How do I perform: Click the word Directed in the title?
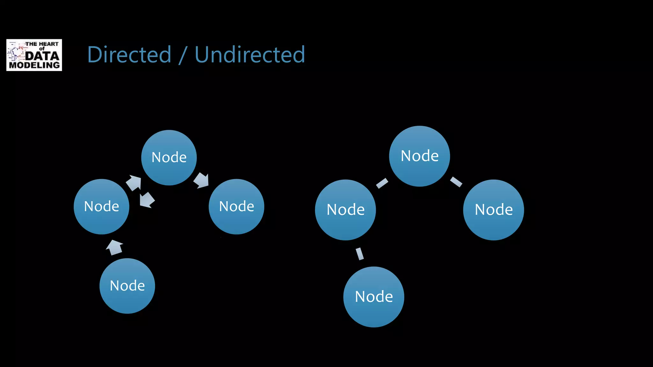click(129, 55)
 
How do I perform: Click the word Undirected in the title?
click(250, 55)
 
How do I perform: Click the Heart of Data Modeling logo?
click(34, 55)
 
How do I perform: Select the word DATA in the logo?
click(42, 56)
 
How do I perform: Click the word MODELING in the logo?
click(34, 65)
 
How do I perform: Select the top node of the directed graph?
click(169, 157)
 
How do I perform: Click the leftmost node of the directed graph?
click(101, 206)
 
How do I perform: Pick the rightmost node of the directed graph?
click(236, 206)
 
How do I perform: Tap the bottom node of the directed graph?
click(127, 286)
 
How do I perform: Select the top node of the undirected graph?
click(419, 156)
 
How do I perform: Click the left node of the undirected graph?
click(345, 210)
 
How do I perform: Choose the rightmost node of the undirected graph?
click(493, 210)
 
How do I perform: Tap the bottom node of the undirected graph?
click(374, 297)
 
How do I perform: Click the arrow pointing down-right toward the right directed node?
click(202, 181)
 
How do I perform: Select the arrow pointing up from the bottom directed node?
click(114, 248)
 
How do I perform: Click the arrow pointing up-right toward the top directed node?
click(134, 183)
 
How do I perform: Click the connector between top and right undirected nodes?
click(456, 182)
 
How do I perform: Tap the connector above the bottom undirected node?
click(360, 254)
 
